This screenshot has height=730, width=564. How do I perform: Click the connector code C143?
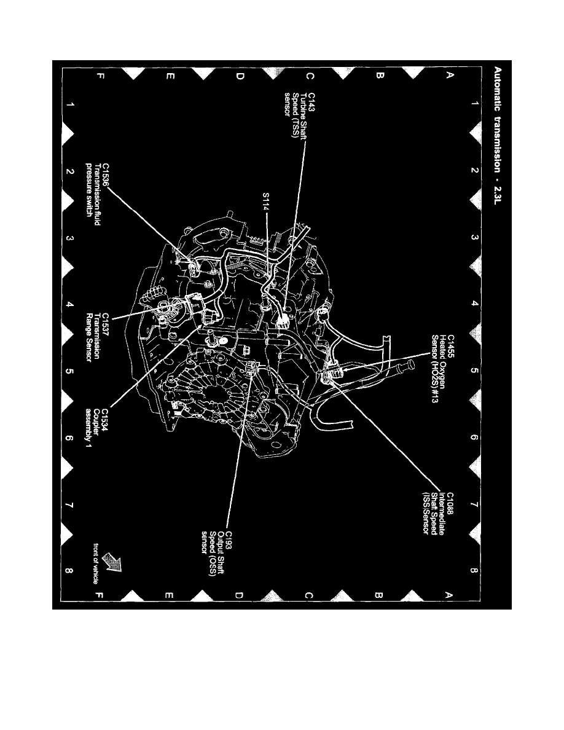pos(311,101)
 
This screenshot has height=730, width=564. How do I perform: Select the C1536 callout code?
pos(106,175)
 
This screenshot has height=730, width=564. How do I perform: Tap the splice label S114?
pos(265,201)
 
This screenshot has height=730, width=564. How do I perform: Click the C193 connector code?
pos(229,539)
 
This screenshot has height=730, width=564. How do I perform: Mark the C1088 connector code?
pos(450,504)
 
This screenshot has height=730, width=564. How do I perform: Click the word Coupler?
pos(97,422)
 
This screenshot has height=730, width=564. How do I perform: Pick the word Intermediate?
pos(441,514)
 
